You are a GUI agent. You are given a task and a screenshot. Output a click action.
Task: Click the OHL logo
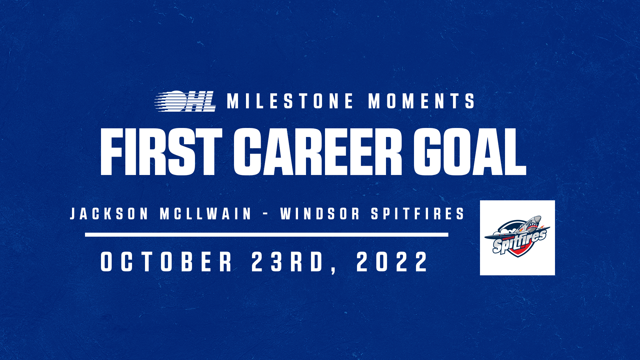click(185, 101)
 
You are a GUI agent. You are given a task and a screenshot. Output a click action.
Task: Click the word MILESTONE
click(290, 101)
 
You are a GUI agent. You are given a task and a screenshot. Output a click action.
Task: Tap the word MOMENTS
click(422, 101)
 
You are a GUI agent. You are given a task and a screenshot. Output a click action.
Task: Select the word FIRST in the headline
click(161, 152)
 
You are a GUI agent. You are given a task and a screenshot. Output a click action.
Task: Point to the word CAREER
click(318, 152)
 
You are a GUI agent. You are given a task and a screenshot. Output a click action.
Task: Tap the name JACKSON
click(109, 214)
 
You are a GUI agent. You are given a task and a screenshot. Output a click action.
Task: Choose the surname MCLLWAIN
click(206, 214)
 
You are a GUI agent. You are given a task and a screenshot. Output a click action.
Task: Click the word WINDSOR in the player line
click(320, 214)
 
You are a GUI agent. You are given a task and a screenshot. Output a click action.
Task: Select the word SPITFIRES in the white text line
click(418, 214)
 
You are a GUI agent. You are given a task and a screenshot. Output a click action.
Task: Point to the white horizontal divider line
click(267, 235)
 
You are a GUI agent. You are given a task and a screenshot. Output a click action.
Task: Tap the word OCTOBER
click(167, 262)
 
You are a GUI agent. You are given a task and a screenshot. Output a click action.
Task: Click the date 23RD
click(287, 262)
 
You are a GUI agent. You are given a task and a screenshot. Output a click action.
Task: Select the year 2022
click(392, 262)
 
